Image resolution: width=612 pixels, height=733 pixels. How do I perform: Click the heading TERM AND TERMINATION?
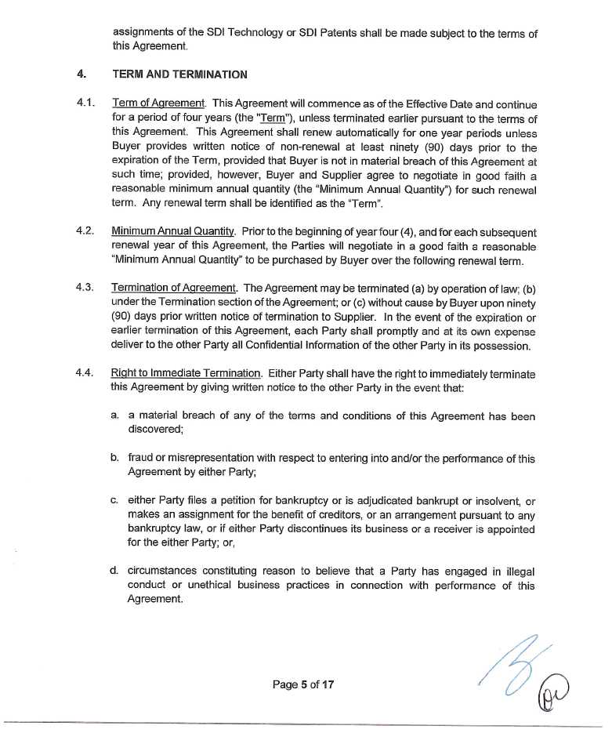coord(179,74)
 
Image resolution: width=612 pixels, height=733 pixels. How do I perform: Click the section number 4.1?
coord(85,103)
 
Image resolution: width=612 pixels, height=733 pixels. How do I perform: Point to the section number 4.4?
coord(85,373)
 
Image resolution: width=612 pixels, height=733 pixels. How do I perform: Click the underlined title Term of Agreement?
coord(158,103)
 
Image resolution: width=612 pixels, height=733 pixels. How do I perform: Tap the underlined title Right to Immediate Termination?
coord(186,374)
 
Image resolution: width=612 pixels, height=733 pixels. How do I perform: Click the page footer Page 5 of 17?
coord(303,684)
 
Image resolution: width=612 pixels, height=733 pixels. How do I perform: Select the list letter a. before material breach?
coord(114,415)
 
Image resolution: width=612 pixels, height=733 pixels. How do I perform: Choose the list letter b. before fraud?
coord(114,458)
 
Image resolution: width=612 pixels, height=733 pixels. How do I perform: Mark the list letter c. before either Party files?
coord(114,500)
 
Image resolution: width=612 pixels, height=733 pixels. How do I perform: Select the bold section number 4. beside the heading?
coord(81,74)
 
